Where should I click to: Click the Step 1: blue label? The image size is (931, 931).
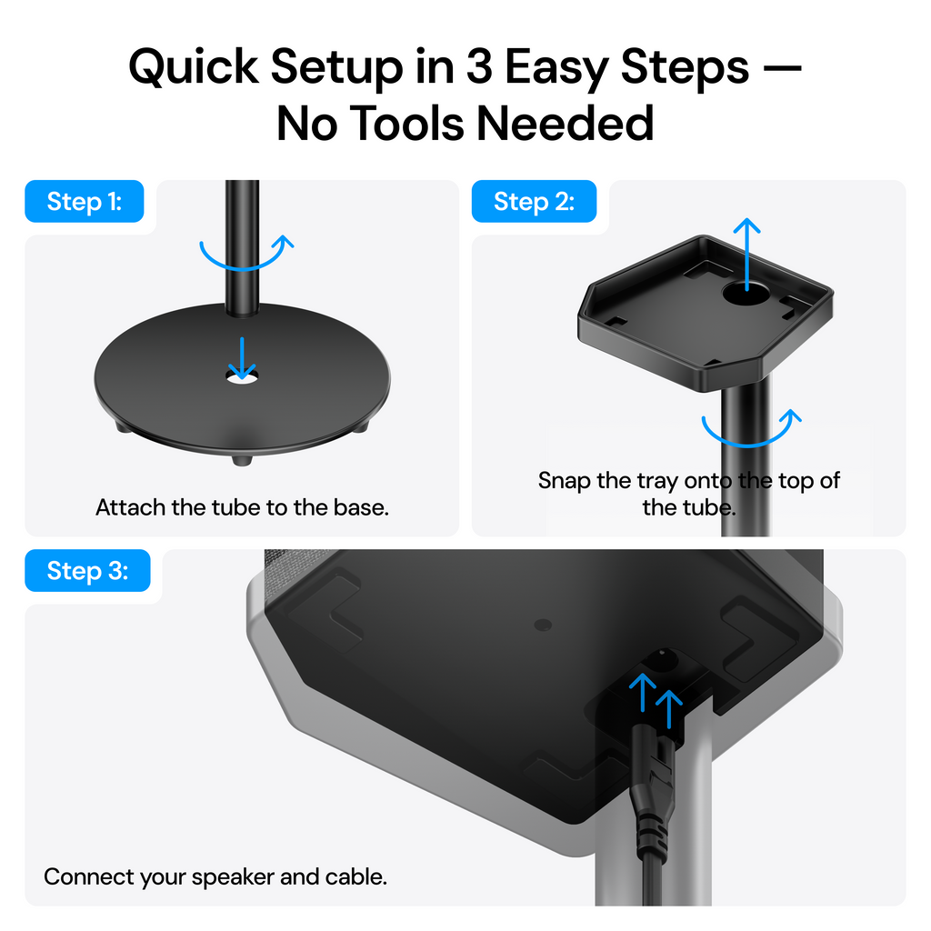click(x=84, y=202)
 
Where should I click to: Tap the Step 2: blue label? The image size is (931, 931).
click(x=534, y=202)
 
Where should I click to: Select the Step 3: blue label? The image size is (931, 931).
click(x=87, y=571)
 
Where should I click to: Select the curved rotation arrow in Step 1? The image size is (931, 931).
click(x=246, y=254)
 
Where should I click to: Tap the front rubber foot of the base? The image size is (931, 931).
click(x=241, y=461)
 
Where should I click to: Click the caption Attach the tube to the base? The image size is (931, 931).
click(x=242, y=507)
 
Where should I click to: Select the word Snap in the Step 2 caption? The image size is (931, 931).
click(x=564, y=480)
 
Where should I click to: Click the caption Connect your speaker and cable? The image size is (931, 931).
click(x=215, y=877)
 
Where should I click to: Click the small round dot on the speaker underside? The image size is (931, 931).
click(x=543, y=626)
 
